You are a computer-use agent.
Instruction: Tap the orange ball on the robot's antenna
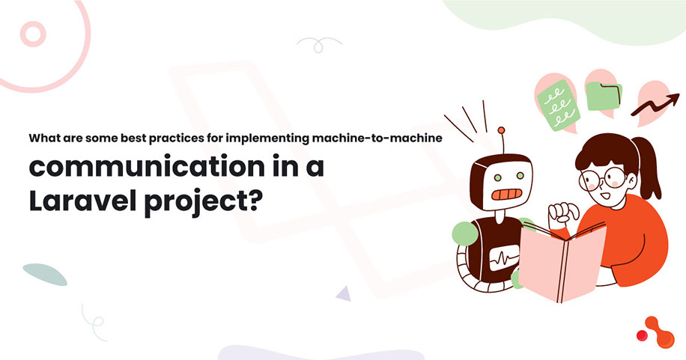(501, 131)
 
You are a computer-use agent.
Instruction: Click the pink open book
(562, 259)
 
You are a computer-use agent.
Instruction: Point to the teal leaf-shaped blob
(45, 274)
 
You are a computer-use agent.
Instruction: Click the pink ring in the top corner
(34, 34)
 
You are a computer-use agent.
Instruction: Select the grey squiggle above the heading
(320, 43)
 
